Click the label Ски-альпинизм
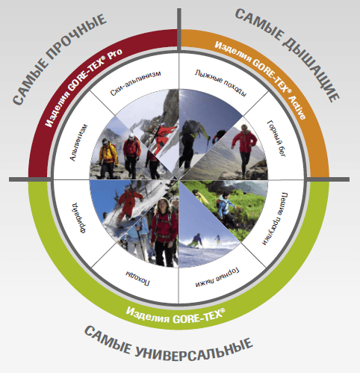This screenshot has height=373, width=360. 136,83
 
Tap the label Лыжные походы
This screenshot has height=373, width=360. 220,83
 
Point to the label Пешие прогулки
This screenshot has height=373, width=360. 276,218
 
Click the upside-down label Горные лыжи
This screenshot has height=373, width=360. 217,277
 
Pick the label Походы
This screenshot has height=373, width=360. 137,278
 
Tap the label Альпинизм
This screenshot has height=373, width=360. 78,142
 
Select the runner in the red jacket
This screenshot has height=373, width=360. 244,149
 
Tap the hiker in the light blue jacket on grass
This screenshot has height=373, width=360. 226,208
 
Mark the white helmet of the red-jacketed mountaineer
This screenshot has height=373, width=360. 131,136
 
